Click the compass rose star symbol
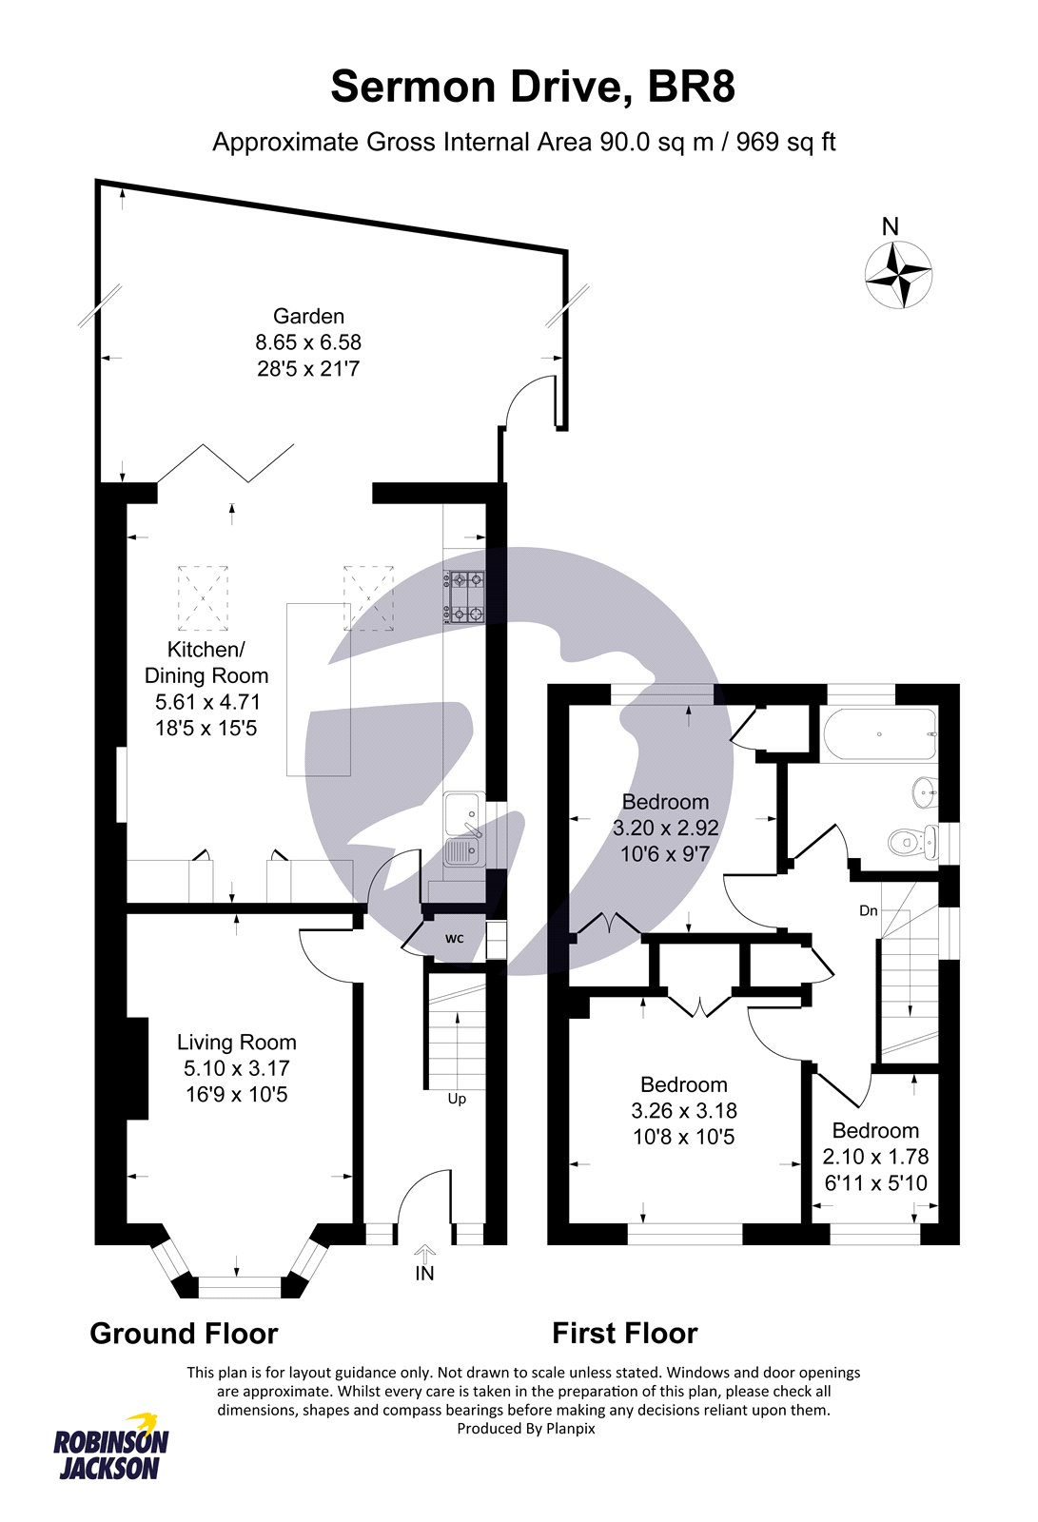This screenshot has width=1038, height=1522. point(898,275)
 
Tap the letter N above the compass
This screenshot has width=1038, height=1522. point(891,226)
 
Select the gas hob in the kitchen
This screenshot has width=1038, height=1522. point(465,597)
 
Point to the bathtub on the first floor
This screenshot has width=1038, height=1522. point(881,734)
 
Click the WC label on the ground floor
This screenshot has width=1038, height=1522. point(454,938)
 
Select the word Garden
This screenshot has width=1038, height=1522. point(308,316)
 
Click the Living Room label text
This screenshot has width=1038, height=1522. point(237,1042)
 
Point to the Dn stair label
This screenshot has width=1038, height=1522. point(868,910)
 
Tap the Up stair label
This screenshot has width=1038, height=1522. point(457,1099)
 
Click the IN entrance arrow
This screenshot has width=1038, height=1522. point(425,1252)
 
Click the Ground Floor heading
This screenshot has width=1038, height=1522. point(185,1334)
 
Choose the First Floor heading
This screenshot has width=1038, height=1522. point(625,1334)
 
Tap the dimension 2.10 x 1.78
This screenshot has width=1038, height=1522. point(875,1156)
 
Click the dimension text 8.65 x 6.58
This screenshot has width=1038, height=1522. point(308,341)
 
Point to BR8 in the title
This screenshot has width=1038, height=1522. point(691,88)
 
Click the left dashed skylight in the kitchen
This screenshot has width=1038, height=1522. point(203,598)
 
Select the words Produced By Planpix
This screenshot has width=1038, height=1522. point(526,1428)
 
